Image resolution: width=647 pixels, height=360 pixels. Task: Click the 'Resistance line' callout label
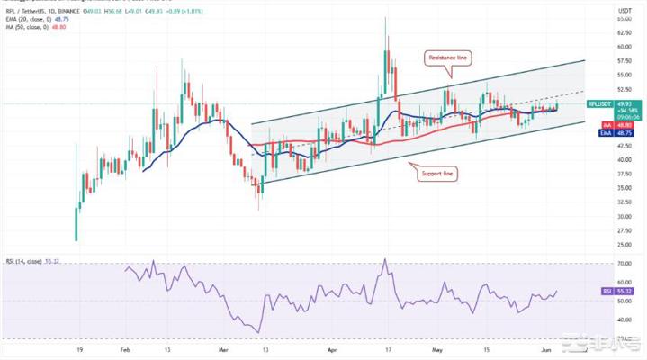[x=446, y=57]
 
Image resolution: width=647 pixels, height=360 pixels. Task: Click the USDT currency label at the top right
[x=625, y=10]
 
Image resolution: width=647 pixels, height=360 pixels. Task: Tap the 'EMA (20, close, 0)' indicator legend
[x=25, y=20]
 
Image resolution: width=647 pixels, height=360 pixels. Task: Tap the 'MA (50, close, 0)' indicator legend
[x=24, y=28]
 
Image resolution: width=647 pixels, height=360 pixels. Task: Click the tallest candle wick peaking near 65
[x=386, y=18]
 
